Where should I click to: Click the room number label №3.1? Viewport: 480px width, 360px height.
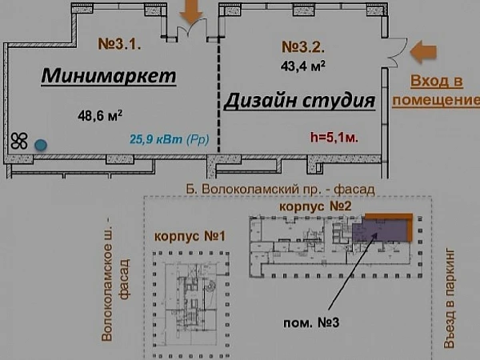tap(119, 44)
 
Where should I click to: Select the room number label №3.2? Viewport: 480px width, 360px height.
tap(302, 47)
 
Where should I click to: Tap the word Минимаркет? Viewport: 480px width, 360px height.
tap(109, 75)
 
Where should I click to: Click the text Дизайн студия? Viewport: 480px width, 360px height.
tap(300, 101)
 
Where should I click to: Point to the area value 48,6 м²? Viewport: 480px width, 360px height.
tap(100, 116)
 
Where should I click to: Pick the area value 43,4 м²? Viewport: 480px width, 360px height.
tap(302, 66)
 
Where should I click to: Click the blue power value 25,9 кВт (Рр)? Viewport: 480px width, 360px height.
tap(170, 139)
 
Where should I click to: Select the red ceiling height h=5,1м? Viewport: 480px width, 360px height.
tap(334, 138)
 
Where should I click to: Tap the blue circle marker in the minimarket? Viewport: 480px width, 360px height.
tap(41, 145)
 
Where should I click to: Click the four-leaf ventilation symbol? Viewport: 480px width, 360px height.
tap(19, 141)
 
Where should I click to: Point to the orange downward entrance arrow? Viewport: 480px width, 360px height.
tap(191, 12)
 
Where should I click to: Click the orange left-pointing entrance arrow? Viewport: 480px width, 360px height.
tap(423, 52)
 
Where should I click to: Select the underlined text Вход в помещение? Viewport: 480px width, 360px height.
tap(436, 91)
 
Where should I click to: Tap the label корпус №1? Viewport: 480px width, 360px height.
tap(190, 236)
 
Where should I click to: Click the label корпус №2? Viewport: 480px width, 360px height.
tap(315, 206)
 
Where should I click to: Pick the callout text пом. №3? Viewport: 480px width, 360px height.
tap(311, 322)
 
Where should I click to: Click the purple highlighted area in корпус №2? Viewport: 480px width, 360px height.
tap(379, 231)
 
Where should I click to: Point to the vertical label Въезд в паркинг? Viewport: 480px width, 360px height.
tap(450, 298)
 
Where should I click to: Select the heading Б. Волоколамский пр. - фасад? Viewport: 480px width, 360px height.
tap(280, 189)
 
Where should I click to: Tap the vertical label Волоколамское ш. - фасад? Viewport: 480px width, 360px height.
tap(116, 279)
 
